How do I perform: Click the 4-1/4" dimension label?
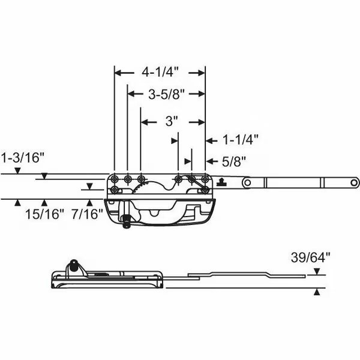click(160, 72)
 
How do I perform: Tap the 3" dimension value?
click(172, 121)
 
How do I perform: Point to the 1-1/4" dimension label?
click(240, 140)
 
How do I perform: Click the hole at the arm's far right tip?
click(354, 181)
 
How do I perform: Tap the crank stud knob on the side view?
click(73, 263)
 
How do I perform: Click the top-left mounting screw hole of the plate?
click(114, 178)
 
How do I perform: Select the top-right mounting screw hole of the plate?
click(205, 178)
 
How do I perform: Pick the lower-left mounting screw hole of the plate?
click(114, 190)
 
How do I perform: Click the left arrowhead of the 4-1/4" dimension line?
click(118, 73)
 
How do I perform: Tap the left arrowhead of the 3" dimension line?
click(144, 122)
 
